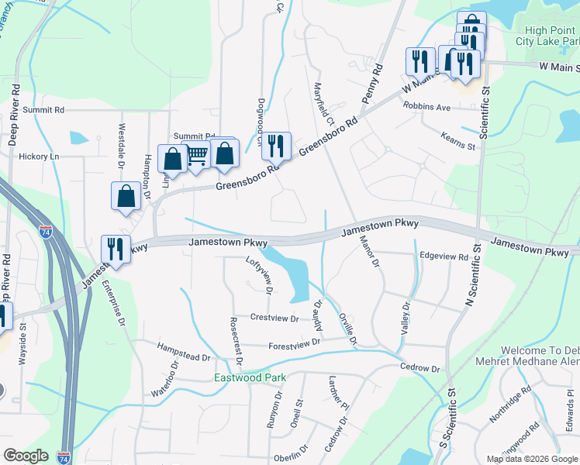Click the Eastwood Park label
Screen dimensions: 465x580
tap(250, 378)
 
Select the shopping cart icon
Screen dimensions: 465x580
tap(197, 157)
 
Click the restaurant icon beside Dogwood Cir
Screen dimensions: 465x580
tap(275, 145)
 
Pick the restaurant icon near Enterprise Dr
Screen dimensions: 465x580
tap(116, 250)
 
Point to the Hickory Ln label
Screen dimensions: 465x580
tap(39, 157)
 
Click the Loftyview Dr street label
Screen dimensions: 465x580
tap(261, 275)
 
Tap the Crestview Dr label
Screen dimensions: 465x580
tap(274, 318)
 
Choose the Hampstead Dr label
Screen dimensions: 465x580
tap(184, 353)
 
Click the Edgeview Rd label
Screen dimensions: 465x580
tap(444, 257)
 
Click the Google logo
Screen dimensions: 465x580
tap(26, 456)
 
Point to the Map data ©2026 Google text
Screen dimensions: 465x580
tap(531, 459)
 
